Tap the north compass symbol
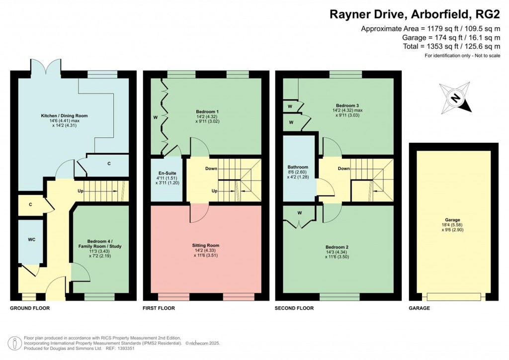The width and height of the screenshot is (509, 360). pyautogui.click(x=455, y=97)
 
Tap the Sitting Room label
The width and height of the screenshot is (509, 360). pyautogui.click(x=205, y=245)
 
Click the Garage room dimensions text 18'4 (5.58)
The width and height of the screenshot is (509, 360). pyautogui.click(x=452, y=225)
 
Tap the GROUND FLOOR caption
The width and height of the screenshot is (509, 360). pyautogui.click(x=30, y=308)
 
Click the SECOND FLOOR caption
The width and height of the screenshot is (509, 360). pyautogui.click(x=294, y=308)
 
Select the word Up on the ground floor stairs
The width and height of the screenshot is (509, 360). pyautogui.click(x=80, y=190)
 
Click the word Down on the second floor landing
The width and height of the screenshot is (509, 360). pyautogui.click(x=343, y=169)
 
